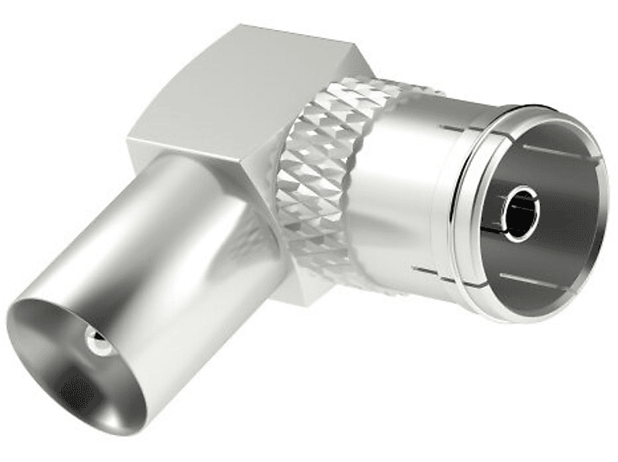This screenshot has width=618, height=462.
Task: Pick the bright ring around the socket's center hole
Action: (x=507, y=228)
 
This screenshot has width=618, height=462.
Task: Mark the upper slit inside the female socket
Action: (x=558, y=149)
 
